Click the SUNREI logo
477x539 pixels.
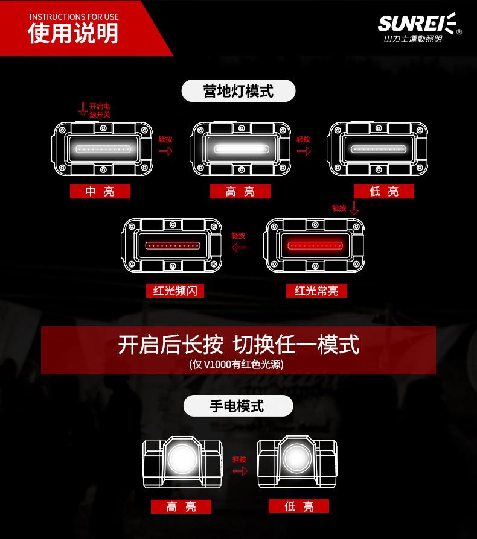(x=417, y=25)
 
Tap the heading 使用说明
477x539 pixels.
(x=73, y=34)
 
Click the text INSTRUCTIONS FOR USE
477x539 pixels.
(x=74, y=17)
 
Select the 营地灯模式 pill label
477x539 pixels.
(x=238, y=91)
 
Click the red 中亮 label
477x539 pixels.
(x=100, y=192)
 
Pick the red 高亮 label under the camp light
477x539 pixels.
(x=240, y=192)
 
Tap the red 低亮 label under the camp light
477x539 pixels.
(x=384, y=192)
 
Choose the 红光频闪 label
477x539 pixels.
(x=175, y=291)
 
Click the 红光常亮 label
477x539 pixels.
(x=316, y=291)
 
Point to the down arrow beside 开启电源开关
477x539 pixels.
(x=83, y=109)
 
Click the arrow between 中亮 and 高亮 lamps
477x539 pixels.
(x=165, y=151)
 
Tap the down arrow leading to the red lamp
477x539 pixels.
(x=354, y=209)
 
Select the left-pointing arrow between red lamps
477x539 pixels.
(x=239, y=247)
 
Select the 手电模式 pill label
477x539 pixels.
(x=238, y=406)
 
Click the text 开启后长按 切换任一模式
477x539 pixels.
(x=238, y=345)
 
